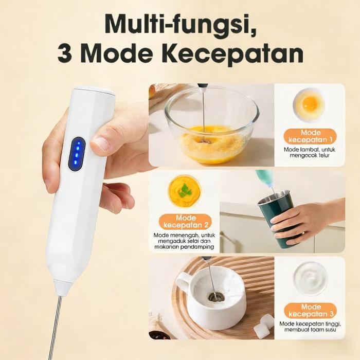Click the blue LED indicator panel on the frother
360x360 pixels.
click(x=77, y=153)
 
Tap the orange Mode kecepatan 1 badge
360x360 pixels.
click(x=310, y=136)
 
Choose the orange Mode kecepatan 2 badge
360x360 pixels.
click(x=186, y=222)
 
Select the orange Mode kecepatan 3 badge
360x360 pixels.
click(x=310, y=311)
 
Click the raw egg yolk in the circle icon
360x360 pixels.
click(x=310, y=103)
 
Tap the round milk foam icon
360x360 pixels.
click(x=310, y=278)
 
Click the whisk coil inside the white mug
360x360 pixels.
click(x=216, y=297)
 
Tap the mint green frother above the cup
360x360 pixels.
click(x=266, y=181)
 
